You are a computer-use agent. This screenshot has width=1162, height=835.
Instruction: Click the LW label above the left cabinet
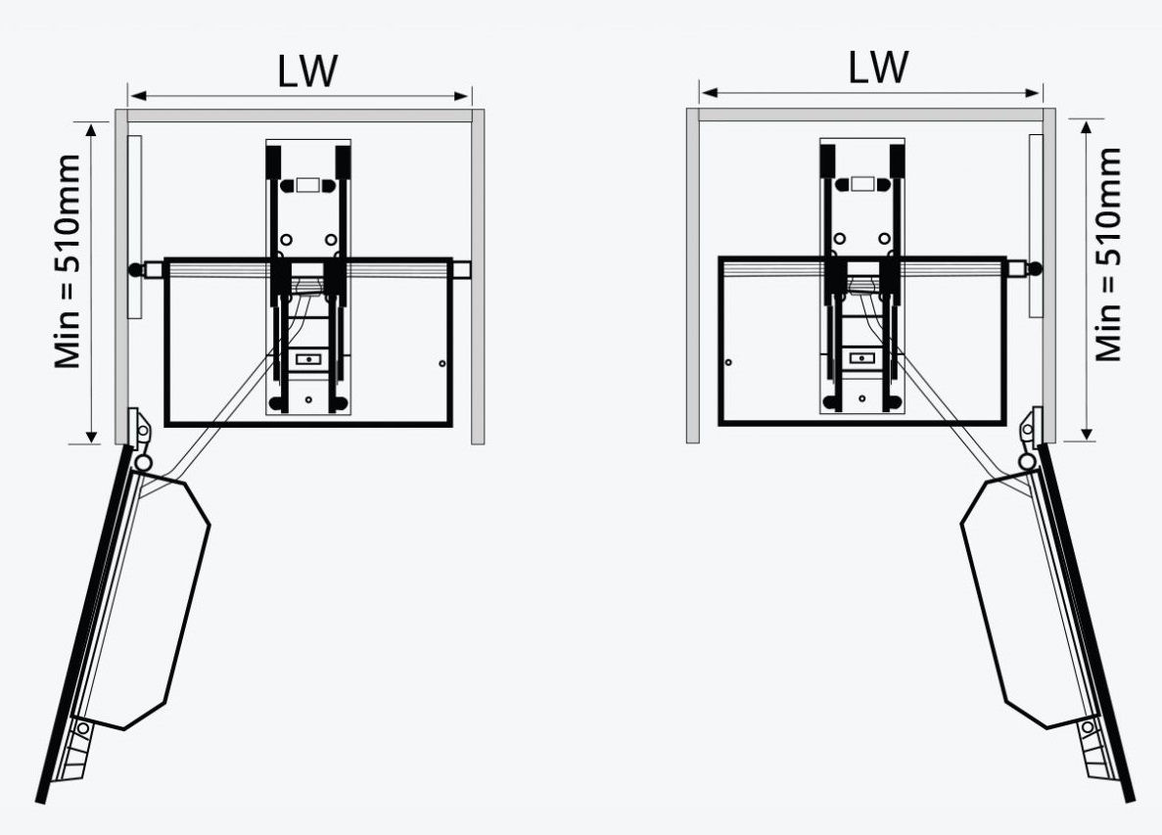pos(307,71)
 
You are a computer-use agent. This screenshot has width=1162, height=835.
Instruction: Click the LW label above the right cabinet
pos(878,67)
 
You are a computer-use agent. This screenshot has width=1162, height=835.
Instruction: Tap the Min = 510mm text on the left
pos(68,261)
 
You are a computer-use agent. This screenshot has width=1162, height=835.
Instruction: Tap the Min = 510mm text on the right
pos(1108,255)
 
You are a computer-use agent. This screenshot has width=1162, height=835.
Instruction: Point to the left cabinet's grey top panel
pos(301,116)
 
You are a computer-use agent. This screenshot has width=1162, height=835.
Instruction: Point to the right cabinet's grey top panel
pos(870,115)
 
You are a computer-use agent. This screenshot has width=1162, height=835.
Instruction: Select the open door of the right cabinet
pos(1087,623)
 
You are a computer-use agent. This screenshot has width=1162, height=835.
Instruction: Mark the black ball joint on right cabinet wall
pos(1036,268)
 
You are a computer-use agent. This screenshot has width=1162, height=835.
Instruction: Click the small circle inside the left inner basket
pos(442,364)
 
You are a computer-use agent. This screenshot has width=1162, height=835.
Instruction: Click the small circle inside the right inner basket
pos(728,362)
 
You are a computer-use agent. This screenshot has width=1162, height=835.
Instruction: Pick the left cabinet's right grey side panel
pos(478,277)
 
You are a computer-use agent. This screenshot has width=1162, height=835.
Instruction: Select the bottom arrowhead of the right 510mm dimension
pos(1087,435)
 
